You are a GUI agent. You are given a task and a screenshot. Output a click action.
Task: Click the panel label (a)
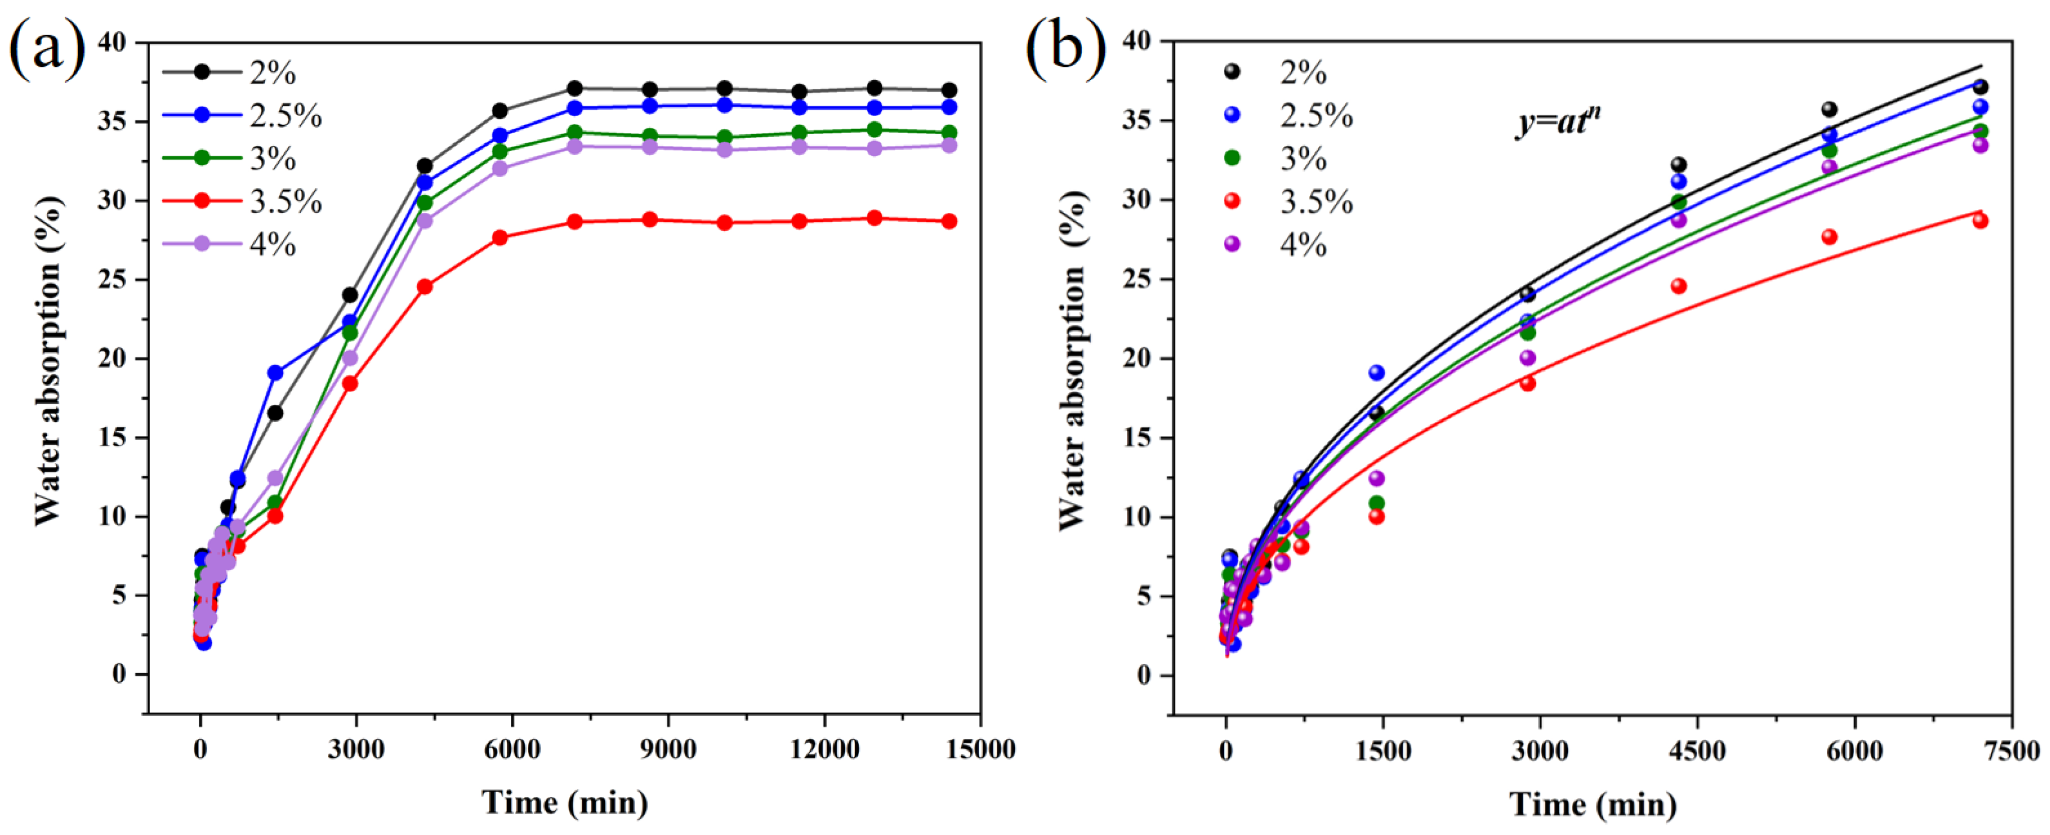[x=46, y=50]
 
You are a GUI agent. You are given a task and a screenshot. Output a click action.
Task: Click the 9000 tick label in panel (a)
[x=667, y=750]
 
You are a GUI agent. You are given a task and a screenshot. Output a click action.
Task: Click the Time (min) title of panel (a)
[x=564, y=802]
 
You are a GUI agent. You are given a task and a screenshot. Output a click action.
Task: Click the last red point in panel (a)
[x=948, y=221]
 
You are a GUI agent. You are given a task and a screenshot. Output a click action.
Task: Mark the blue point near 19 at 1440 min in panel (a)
[x=275, y=373]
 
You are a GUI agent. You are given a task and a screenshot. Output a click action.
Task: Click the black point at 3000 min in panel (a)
[x=350, y=295]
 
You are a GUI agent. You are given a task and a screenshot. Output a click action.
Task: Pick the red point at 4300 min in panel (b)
[x=1678, y=286]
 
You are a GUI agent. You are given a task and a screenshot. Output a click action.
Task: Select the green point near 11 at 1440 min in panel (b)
[x=1376, y=502]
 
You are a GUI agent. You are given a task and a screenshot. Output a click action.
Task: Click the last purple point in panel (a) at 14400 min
[x=948, y=146]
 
